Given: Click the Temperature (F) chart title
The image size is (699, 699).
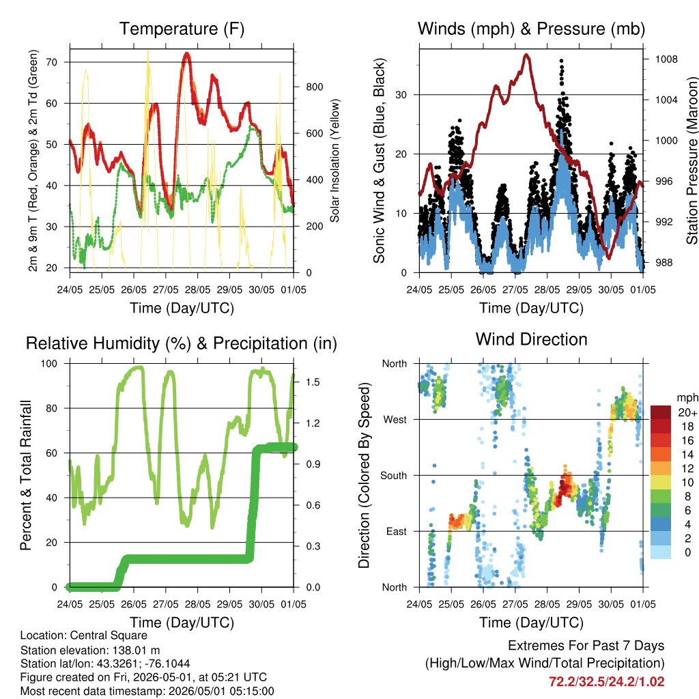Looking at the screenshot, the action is point(182,29).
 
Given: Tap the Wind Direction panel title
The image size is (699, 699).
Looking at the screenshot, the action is point(531,339).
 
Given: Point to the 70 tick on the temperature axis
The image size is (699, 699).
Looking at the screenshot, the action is point(52,62).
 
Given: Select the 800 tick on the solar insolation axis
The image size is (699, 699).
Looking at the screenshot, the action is point(314,87).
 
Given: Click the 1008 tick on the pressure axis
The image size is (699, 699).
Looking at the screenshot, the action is point(666,59).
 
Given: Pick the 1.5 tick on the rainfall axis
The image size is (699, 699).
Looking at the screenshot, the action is point(313,382).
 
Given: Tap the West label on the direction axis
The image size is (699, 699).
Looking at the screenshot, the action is point(395,420).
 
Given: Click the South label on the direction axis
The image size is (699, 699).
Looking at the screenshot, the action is point(394,476).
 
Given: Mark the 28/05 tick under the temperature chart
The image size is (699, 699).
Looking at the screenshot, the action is point(197,289).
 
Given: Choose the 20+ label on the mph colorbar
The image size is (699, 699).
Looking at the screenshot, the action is point(687,412).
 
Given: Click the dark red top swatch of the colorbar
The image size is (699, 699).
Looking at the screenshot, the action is point(661,412).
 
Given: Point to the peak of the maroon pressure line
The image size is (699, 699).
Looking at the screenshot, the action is point(527,55).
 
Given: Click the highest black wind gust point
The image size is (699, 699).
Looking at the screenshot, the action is point(561,61).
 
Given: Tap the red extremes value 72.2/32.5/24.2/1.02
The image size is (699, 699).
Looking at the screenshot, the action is point(606,682).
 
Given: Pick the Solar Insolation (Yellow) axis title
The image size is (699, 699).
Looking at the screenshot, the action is point(334,160).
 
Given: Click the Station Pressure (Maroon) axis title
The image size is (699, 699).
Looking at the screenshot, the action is point(692,160).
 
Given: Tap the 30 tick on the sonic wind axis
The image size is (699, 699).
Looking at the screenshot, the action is point(401,95).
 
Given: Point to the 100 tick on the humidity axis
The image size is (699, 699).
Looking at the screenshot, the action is point(49,364).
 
